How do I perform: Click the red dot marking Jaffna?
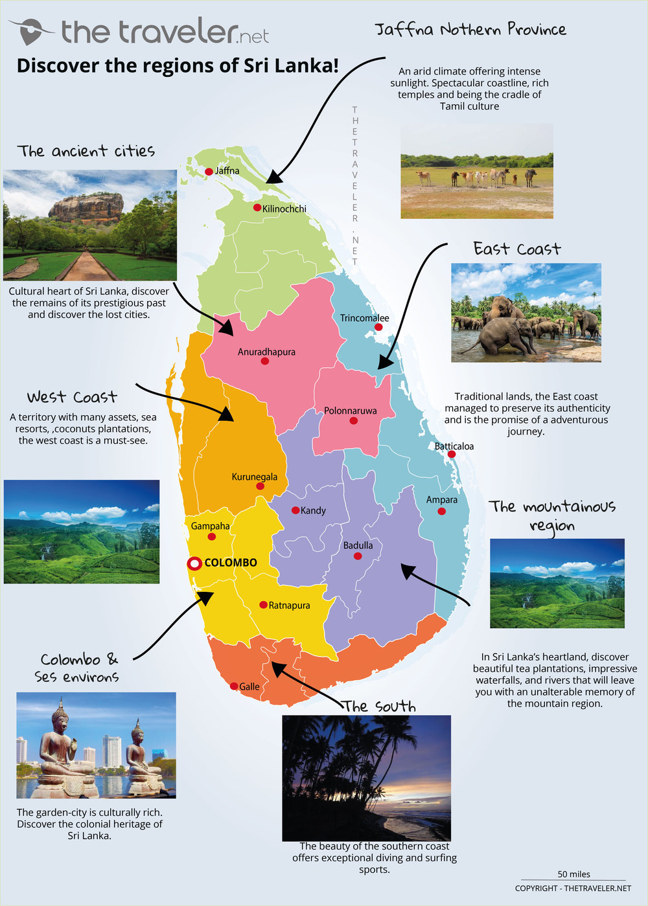209,172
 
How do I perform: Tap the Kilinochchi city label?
284,209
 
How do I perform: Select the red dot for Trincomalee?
378,327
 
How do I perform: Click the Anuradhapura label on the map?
266,352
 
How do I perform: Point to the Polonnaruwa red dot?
353,420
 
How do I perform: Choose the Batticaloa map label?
454,446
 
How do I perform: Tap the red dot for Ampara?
441,512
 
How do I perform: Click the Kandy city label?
313,510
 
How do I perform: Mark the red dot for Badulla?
358,556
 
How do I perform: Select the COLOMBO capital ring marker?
194,563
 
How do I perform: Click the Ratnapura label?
289,606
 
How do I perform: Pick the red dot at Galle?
234,686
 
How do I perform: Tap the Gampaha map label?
210,526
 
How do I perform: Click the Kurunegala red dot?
260,486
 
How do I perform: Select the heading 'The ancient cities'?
86,152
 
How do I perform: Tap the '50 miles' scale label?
573,874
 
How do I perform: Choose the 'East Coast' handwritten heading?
516,249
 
